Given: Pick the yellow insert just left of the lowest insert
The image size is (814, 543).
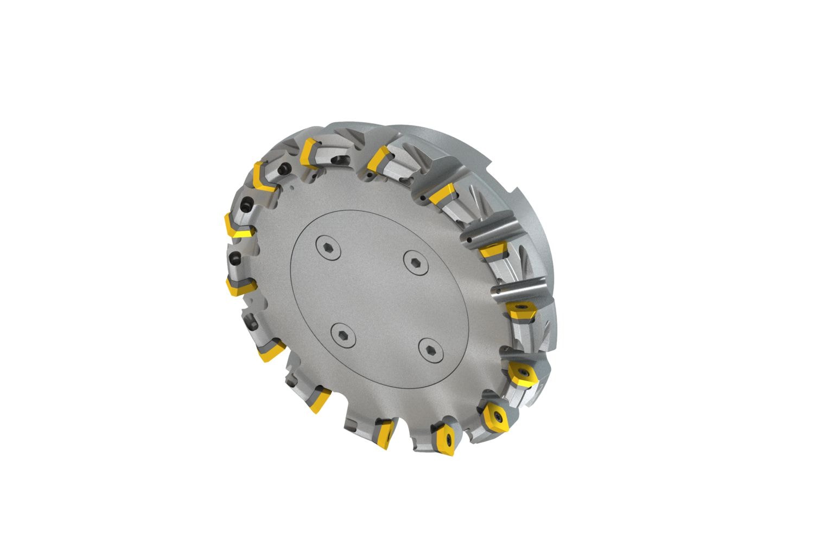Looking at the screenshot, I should tap(385, 434).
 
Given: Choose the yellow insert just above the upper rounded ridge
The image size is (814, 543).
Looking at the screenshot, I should tap(442, 194).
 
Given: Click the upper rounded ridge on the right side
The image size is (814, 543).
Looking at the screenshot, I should tap(494, 232).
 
